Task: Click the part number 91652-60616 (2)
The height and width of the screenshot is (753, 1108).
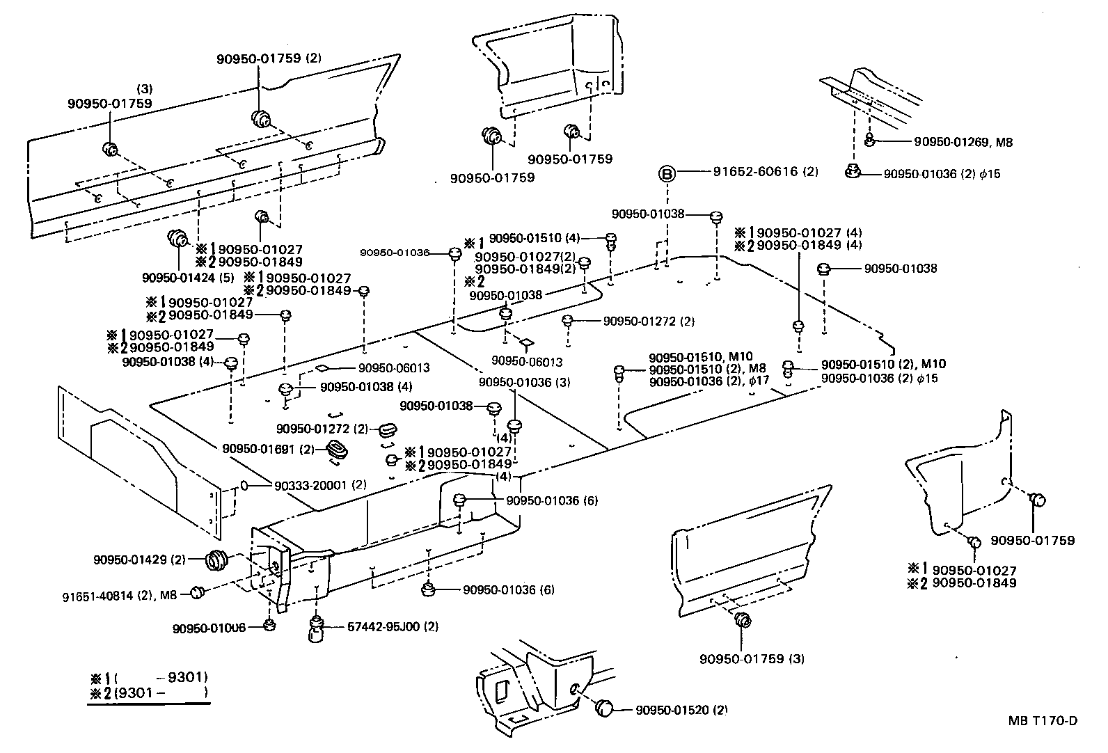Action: click(x=766, y=172)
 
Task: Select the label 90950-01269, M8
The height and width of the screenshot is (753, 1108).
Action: click(x=963, y=142)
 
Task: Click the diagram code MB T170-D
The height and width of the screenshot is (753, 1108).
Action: click(x=1042, y=721)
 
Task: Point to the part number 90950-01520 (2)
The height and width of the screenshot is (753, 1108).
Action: click(x=681, y=710)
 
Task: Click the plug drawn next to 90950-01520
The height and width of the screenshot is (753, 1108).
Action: click(x=604, y=708)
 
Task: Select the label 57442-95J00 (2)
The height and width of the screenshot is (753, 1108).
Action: click(x=393, y=626)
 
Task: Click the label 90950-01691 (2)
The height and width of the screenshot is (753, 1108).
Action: click(x=269, y=450)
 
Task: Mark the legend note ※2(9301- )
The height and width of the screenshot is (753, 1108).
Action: click(x=149, y=693)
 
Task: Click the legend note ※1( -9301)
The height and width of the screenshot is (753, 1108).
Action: click(x=149, y=678)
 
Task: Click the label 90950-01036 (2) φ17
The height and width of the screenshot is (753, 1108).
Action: click(x=709, y=381)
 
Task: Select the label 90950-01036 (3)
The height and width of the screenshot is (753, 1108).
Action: click(x=525, y=382)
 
